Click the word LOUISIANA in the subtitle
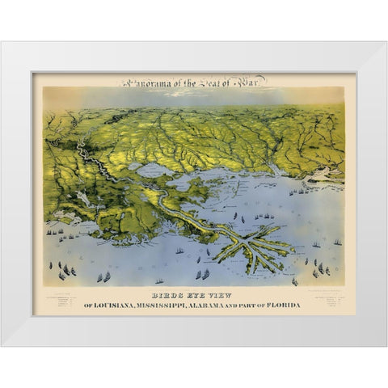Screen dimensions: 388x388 (124, 305)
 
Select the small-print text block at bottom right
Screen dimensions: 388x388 (327, 304)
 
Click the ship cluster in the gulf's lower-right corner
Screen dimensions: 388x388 (323, 268)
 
